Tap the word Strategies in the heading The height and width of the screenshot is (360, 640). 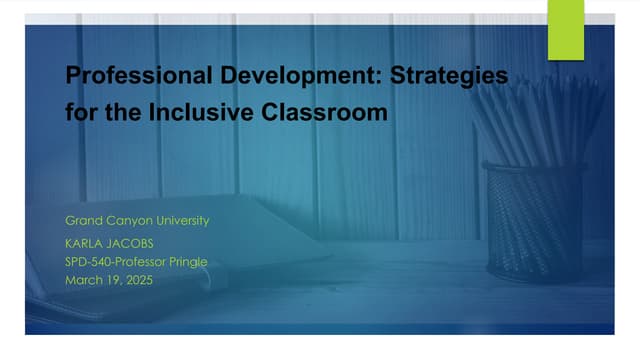tap(455, 76)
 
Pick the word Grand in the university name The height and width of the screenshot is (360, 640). tap(83, 219)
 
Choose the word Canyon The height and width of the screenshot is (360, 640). tap(132, 219)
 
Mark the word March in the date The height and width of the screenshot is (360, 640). tap(83, 280)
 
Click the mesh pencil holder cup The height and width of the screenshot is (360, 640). tap(532, 220)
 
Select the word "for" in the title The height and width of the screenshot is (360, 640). tap(81, 113)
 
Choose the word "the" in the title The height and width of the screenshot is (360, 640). tap(125, 113)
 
